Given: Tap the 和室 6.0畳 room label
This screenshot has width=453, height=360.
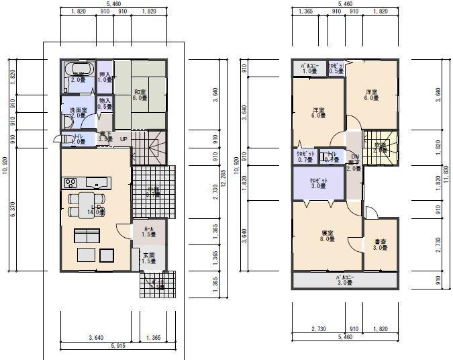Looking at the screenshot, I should point(140,95).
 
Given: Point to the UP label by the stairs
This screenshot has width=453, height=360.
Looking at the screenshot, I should point(123,139).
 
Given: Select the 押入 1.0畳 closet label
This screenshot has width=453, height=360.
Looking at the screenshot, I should point(104,76).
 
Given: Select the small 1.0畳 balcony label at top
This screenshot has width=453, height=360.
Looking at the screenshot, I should point(309,69).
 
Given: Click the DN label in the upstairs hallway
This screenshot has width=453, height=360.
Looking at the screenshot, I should point(354,156).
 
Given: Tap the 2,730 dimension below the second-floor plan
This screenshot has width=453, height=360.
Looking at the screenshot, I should point(318,329).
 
